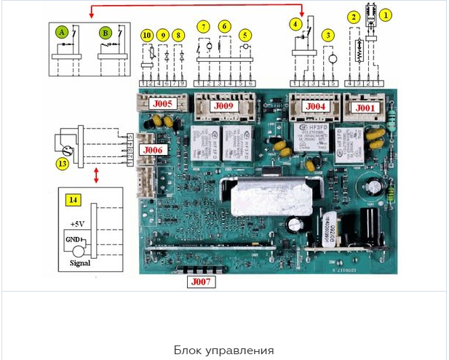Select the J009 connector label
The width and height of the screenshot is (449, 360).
223,105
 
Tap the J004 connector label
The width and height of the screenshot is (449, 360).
315,105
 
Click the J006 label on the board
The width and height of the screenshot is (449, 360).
154,150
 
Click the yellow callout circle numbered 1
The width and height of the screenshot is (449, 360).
386,13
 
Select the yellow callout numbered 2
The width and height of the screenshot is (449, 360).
354,17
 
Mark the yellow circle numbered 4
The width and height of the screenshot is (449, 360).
295,23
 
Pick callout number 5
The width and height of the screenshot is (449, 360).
245,34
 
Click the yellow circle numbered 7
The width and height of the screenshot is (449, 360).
204,27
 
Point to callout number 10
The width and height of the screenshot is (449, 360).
147,35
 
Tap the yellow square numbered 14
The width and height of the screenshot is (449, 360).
72,199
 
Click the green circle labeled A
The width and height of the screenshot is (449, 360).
63,32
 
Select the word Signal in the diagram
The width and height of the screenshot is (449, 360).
80,263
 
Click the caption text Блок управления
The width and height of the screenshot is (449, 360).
223,350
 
